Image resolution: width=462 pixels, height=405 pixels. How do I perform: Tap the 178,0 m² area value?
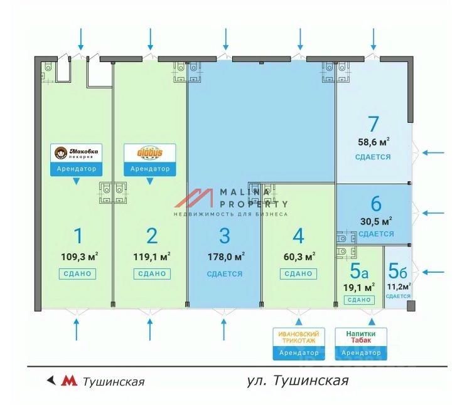[x=226, y=256]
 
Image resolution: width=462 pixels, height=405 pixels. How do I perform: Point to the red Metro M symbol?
[x=68, y=381]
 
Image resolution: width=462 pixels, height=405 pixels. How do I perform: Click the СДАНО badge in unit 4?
[x=298, y=273]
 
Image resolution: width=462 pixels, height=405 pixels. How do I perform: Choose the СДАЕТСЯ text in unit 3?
[x=225, y=274]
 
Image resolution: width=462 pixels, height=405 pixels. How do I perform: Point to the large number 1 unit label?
[x=78, y=236]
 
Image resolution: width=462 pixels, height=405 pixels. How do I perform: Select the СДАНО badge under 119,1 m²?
[x=151, y=273]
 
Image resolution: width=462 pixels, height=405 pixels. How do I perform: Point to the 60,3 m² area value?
[x=298, y=256]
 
